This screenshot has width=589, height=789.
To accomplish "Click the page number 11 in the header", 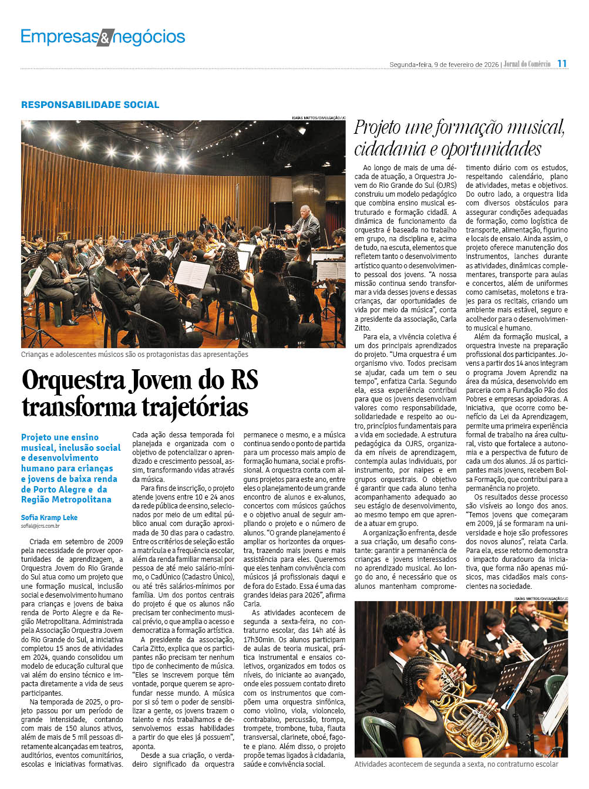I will point(562,63).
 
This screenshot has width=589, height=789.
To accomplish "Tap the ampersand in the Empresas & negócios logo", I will point(104,38).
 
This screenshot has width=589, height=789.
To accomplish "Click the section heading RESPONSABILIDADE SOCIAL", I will point(90,104).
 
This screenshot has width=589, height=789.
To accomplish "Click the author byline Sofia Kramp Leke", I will point(49,517).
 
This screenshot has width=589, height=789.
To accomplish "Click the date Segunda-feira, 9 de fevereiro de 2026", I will point(444,65).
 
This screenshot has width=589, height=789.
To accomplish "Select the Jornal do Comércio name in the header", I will point(527,64).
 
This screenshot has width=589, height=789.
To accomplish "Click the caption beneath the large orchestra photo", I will point(134,355).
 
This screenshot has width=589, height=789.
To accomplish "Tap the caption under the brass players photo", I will point(456,764).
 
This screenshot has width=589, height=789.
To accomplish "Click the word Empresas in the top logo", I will point(59,37).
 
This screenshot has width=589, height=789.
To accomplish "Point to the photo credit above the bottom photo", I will point(540,598).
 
